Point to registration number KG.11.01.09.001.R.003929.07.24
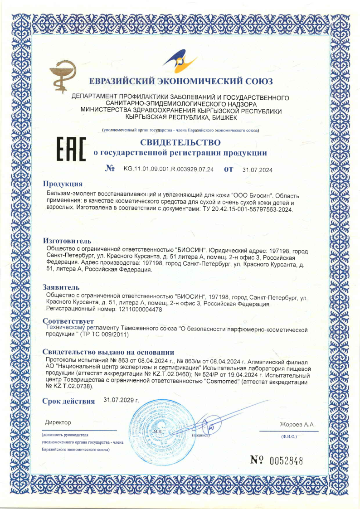169,170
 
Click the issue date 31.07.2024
258,170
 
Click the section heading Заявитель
61,287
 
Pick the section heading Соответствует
68,321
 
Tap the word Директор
58,422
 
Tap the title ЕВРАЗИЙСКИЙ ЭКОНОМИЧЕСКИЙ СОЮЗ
180,82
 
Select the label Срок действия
68,401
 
